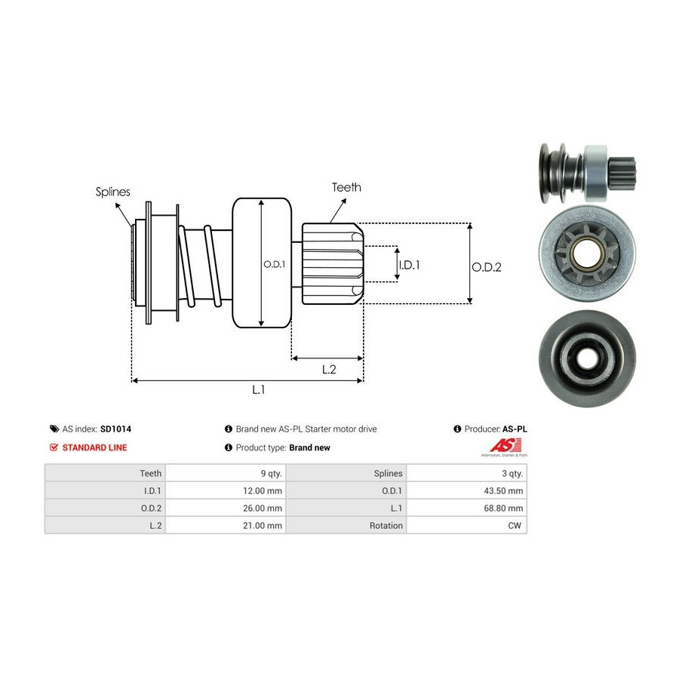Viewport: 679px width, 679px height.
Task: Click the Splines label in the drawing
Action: tap(112, 192)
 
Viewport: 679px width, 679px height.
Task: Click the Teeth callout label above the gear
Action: tap(346, 187)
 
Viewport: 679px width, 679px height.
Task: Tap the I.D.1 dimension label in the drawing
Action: tap(409, 265)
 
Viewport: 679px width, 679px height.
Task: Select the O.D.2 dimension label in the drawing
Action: tap(487, 266)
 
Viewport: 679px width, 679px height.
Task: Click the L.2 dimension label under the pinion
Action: tap(329, 369)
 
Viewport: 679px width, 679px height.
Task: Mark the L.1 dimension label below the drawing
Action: tap(259, 389)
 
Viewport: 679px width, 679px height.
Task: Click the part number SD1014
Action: tap(115, 429)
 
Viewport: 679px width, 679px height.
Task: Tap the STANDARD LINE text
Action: tap(94, 447)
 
